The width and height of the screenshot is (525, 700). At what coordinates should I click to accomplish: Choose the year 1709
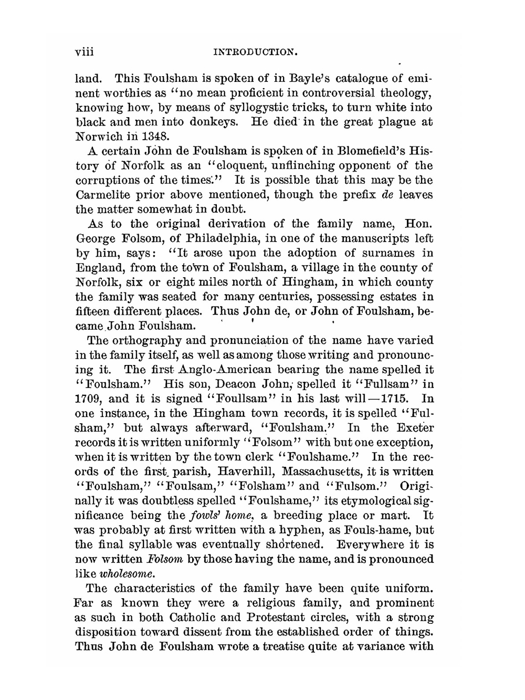click(88, 399)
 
